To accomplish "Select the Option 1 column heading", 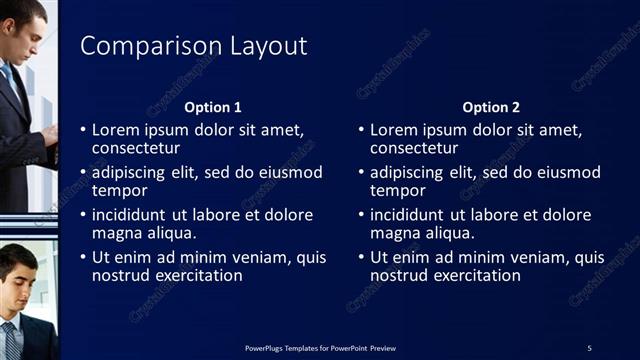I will tap(213, 107).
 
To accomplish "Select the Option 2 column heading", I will tap(491, 107).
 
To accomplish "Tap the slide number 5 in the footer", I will tap(589, 347).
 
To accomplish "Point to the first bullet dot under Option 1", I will tap(84, 131).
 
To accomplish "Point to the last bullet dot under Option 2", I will tap(362, 258).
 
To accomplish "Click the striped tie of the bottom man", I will tap(11, 340).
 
